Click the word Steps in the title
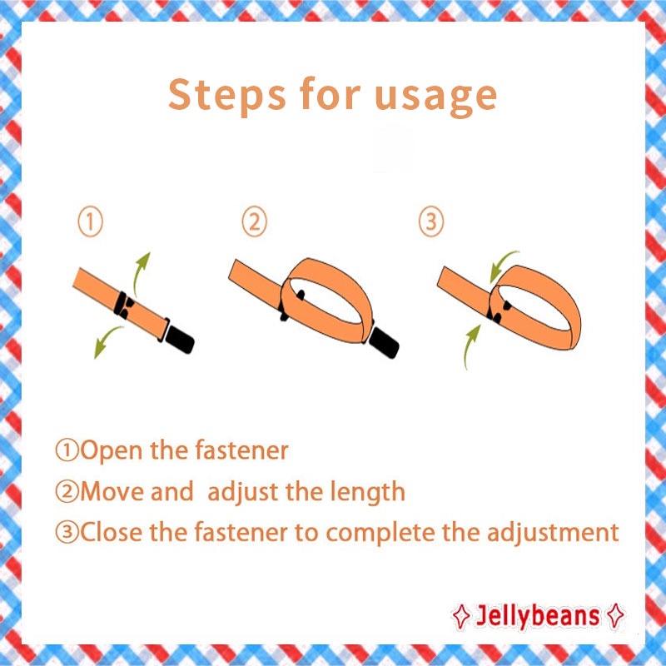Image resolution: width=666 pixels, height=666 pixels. click(x=226, y=94)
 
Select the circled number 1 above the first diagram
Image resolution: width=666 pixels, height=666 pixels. click(x=91, y=222)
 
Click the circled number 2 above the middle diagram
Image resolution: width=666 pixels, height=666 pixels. click(x=255, y=221)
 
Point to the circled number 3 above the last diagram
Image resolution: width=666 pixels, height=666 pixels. click(x=431, y=221)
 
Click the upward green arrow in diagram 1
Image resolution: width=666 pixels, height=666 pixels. click(x=138, y=272)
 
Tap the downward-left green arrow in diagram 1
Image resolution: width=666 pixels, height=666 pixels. click(x=107, y=340)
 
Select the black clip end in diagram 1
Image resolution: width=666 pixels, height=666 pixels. click(x=179, y=339)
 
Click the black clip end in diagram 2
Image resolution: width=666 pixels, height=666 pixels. click(x=384, y=343)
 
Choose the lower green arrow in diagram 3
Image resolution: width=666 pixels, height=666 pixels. click(x=470, y=346)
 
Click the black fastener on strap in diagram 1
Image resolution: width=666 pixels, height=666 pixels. click(x=123, y=305)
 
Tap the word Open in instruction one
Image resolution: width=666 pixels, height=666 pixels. click(x=111, y=450)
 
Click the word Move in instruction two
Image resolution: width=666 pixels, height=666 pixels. click(x=112, y=491)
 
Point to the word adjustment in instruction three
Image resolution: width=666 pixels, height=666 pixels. click(x=553, y=532)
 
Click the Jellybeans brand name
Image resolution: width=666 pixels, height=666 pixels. click(x=537, y=616)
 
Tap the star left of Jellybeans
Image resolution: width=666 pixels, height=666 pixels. click(x=461, y=616)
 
